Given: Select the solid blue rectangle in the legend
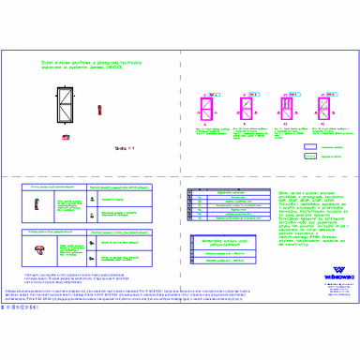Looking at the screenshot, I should click(310, 147).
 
